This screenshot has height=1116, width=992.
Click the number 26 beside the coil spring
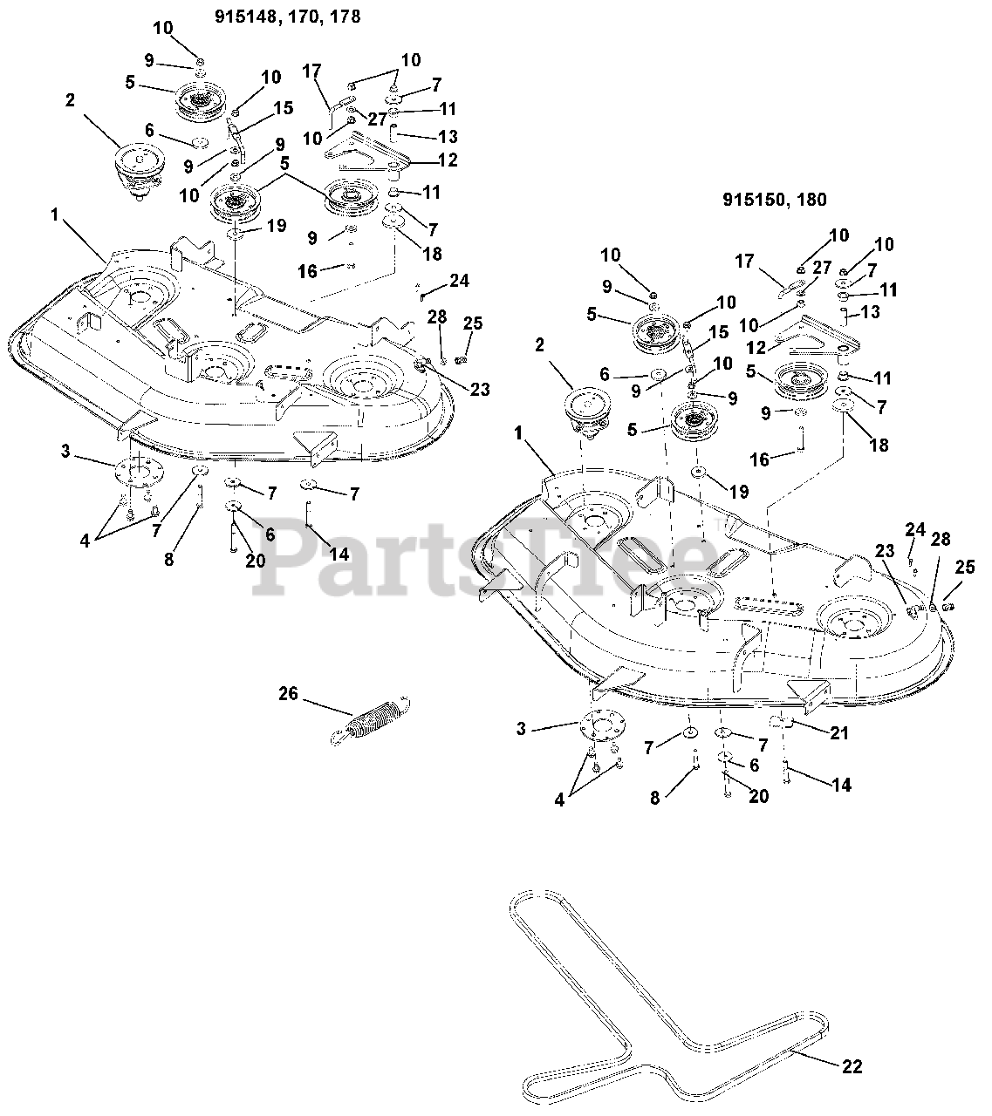tap(288, 693)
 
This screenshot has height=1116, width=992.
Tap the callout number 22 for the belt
tap(852, 1067)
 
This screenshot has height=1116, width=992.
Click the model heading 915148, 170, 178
tap(287, 17)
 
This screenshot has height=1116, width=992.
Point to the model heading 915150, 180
tap(775, 200)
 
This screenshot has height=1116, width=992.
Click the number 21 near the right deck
tap(838, 732)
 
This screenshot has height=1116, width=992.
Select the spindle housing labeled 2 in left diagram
tap(140, 172)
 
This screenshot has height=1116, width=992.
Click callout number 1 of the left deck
tap(54, 214)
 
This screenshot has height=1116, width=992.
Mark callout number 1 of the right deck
tap(517, 433)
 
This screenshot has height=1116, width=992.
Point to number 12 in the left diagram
tap(448, 160)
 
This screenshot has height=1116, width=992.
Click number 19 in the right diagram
tap(739, 492)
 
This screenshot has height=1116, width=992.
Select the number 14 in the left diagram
tap(339, 554)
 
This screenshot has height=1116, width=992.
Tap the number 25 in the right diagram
tap(965, 567)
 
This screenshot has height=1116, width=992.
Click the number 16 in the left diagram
tap(308, 271)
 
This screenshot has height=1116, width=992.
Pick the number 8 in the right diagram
tap(654, 798)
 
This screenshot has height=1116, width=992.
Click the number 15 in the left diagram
tap(284, 108)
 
